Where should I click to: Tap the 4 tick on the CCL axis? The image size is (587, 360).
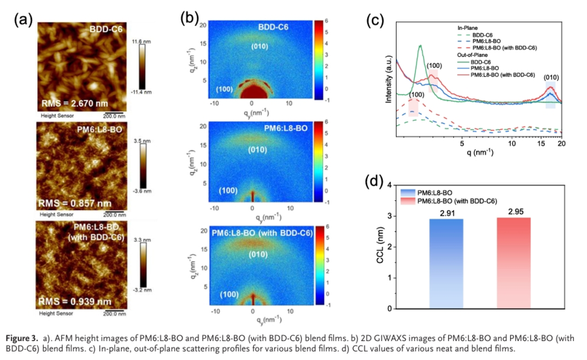pyautogui.click(x=389, y=185)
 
